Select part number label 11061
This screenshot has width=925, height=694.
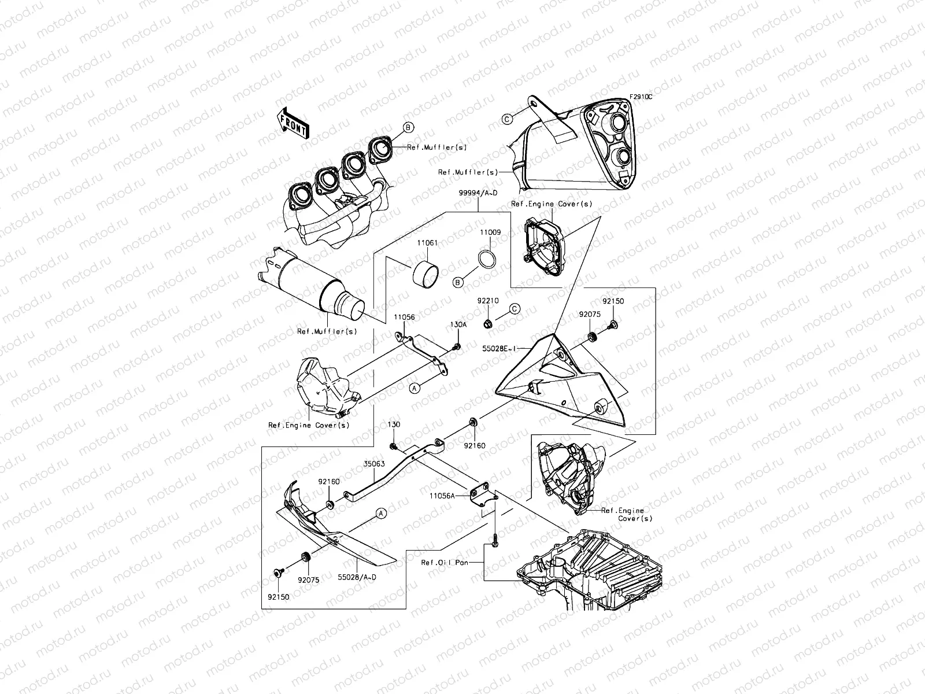[x=427, y=244]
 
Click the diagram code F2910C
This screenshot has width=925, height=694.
[x=640, y=97]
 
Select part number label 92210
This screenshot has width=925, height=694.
[x=487, y=301]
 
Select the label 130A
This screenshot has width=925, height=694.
[x=458, y=324]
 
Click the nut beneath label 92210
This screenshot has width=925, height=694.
[x=488, y=322]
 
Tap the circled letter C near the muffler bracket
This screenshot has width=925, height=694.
[x=507, y=119]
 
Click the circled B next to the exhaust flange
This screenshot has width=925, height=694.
[x=407, y=127]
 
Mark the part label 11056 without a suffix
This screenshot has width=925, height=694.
[x=404, y=317]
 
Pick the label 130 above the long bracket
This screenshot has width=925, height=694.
[x=394, y=424]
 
